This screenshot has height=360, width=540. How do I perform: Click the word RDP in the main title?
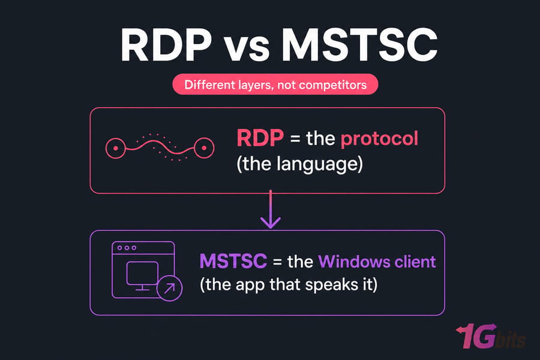coord(166,45)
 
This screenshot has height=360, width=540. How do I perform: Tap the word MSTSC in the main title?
coord(359,45)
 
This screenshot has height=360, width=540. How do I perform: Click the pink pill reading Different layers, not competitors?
coord(275,85)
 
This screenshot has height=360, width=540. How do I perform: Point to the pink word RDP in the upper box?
coord(260,138)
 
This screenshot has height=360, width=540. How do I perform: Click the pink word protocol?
coord(379,139)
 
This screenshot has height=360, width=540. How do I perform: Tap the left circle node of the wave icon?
coord(116,148)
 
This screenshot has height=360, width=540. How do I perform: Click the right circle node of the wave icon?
coord(204,148)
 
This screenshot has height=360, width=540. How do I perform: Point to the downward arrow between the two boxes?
coord(271,209)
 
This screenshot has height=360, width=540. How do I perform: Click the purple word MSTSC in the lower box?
coord(233,261)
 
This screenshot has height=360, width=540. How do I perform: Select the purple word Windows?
coord(354,261)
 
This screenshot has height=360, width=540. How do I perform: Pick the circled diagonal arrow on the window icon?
coord(169,288)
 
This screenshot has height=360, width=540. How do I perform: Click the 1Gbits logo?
coord(491,336)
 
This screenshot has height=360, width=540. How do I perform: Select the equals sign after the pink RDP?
coord(295,139)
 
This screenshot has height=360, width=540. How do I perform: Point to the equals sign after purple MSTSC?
coord(278,262)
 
